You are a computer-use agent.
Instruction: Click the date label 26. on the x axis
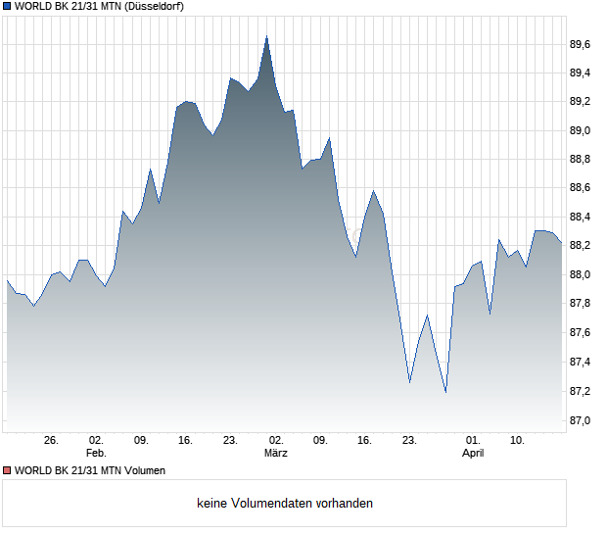coord(52,440)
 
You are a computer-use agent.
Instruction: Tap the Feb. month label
coord(95,453)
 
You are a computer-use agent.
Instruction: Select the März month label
coord(275,453)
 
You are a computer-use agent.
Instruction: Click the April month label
coord(473,453)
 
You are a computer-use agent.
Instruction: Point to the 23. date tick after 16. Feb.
coord(230,440)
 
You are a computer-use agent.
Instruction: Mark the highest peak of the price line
coord(266,36)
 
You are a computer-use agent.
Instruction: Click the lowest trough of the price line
coord(445,392)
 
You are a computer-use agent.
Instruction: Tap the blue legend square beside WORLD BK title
coord(7,6)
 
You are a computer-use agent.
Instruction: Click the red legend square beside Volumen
coord(7,470)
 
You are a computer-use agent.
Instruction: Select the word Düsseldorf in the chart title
coord(157,6)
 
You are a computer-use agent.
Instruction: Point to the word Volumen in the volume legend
coord(141,470)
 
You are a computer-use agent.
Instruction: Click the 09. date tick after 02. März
coord(320,440)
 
